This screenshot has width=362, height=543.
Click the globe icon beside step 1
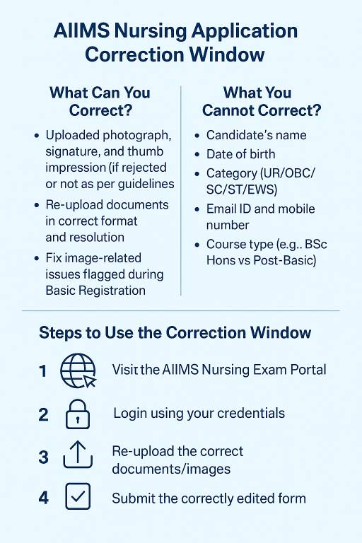coord(77,370)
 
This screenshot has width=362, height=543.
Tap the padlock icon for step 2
coord(77,414)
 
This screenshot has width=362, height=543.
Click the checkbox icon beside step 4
coord(77,498)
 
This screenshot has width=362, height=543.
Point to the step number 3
coord(44,457)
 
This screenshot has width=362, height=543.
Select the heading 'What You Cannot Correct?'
coord(262,101)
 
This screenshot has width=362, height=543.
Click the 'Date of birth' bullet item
coord(240,153)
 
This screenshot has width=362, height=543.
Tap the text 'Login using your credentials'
coord(199,413)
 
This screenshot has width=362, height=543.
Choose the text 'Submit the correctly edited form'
coord(209,498)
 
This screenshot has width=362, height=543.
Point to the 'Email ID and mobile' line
coord(260,209)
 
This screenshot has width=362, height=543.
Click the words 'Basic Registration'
coord(95,290)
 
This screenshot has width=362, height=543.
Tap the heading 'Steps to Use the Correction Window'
coord(175,332)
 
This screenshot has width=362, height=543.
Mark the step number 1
coord(44,370)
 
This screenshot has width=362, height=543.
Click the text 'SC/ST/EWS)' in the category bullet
coord(243,189)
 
